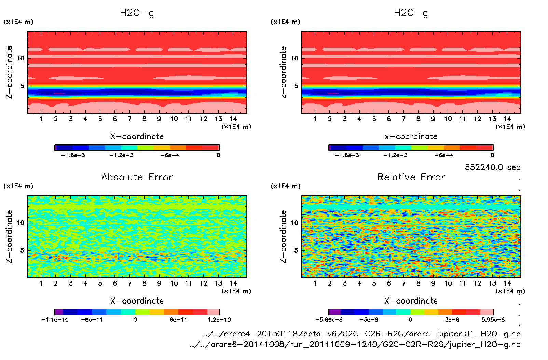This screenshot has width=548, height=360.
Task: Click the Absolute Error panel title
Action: pos(137,177)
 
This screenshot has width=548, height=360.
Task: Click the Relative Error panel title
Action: pos(411,177)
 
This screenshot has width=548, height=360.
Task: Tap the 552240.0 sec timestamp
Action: pos(492,167)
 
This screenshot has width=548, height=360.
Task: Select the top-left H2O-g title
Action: pos(137,13)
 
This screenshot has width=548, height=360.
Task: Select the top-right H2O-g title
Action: pos(411,13)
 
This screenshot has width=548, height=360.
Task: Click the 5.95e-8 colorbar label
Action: pos(493,320)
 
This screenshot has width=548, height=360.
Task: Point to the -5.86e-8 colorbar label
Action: pos(329,320)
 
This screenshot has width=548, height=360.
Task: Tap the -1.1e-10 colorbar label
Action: pos(55,320)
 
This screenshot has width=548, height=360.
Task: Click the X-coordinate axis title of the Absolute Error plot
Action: pos(137,301)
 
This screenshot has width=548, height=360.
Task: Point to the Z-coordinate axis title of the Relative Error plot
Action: pos(283,236)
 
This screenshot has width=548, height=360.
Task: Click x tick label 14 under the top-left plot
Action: pos(233,119)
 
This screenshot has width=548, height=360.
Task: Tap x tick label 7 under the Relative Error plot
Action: pos(403,283)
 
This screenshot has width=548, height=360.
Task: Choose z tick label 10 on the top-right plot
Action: pos(294,58)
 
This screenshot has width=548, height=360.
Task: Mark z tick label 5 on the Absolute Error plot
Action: pos(22,250)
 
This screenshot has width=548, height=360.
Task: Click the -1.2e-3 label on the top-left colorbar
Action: pos(121,155)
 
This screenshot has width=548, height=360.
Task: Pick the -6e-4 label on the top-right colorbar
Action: pos(444,155)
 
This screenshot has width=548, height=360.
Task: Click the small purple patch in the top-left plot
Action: pos(58,93)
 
